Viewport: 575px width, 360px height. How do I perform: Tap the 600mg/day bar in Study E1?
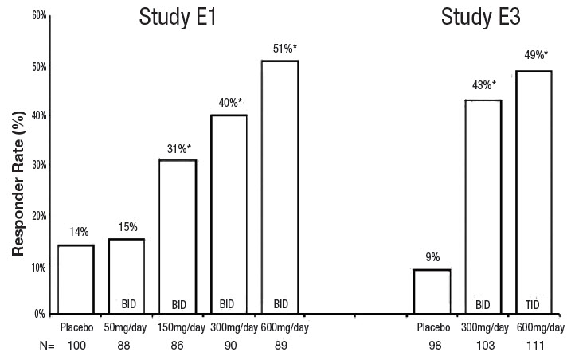280,187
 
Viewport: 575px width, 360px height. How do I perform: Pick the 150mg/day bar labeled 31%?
178,237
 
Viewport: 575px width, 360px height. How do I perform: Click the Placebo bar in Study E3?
432,292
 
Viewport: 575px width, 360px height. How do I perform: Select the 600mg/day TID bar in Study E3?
534,192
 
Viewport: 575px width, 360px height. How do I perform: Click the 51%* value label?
284,49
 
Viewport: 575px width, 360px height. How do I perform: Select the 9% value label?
432,257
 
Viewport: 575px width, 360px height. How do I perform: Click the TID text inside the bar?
534,304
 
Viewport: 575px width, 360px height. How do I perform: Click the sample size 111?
534,346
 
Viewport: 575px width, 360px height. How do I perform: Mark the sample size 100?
76,346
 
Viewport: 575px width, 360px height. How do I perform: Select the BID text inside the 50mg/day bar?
130,304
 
